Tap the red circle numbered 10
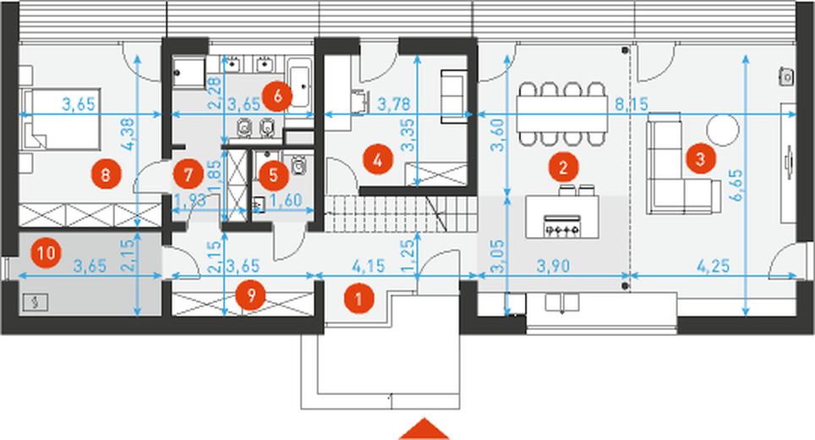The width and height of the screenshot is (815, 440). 46,253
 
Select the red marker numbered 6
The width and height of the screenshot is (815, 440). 277,96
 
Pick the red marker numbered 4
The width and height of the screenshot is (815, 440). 378,160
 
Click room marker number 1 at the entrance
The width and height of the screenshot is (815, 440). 358,299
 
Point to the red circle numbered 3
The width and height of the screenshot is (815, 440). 700,158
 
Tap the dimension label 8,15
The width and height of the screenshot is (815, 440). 632,105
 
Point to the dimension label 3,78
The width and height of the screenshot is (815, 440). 393,104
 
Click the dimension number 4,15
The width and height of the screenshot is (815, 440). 369,266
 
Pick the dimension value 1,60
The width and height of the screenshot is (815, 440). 286,201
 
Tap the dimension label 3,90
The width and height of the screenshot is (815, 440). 553,266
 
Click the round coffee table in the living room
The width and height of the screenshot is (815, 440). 723,129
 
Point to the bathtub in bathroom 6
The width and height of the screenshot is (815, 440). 300,83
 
